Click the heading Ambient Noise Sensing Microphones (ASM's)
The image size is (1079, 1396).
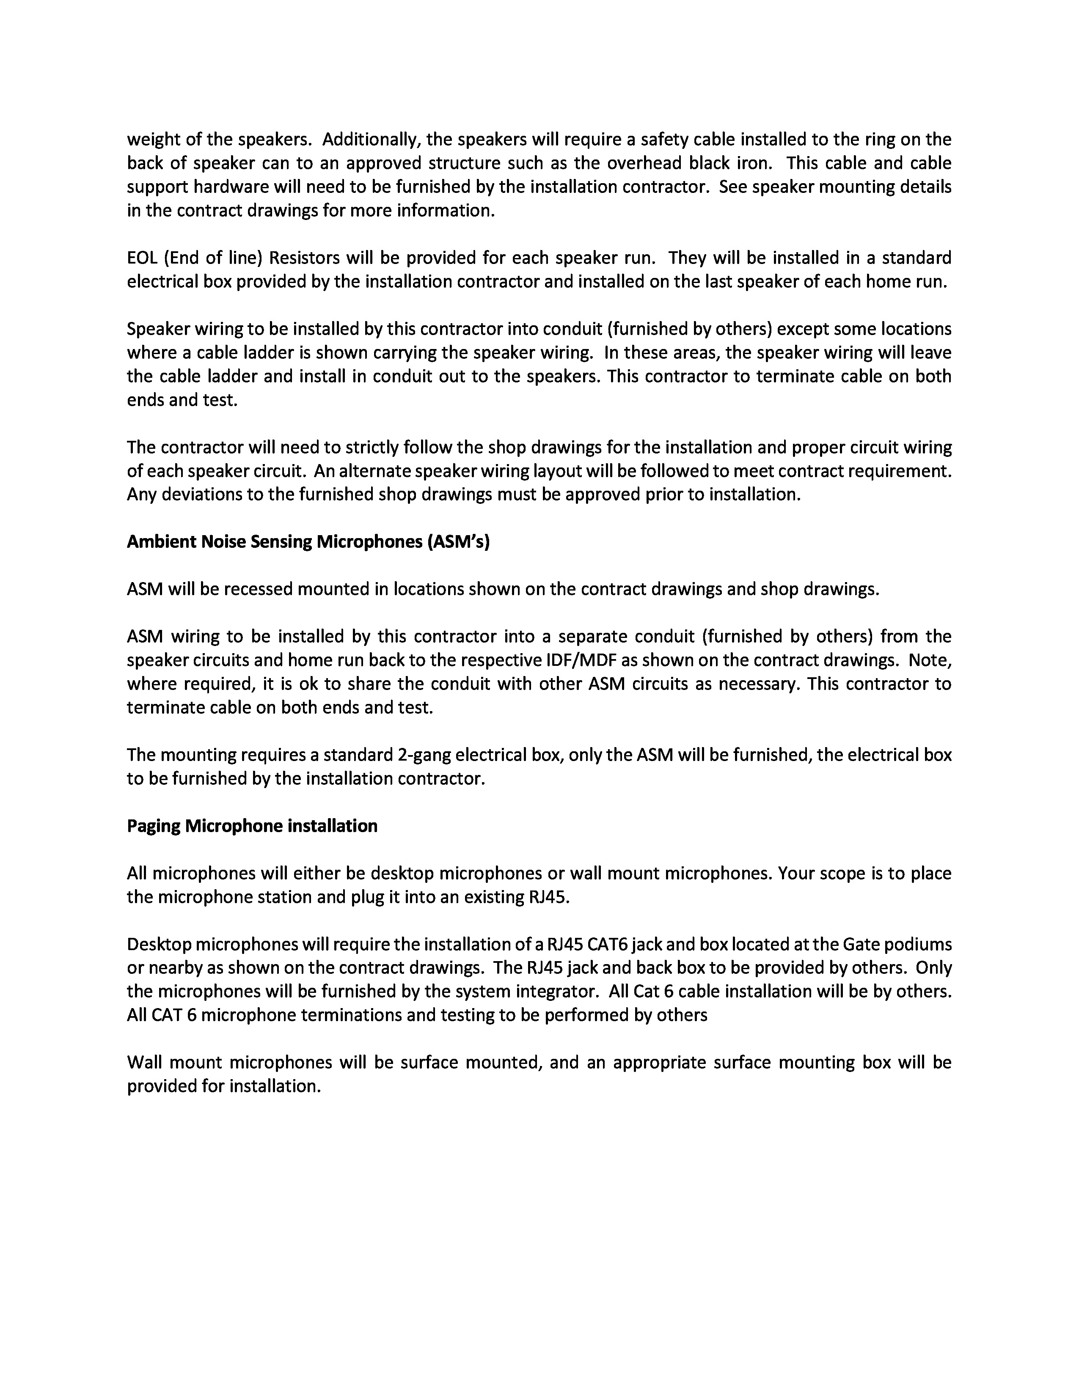tap(308, 541)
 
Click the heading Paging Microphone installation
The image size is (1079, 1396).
tap(252, 826)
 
